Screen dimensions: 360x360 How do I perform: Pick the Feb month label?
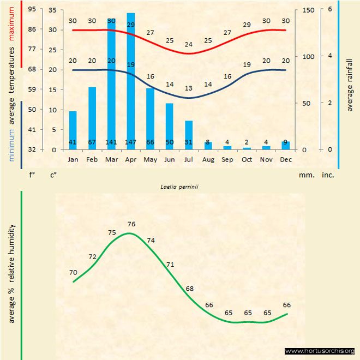[92, 160]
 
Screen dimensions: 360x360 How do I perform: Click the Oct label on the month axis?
[247, 160]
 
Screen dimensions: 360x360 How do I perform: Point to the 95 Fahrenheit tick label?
[32, 10]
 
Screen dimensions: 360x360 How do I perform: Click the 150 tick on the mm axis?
[308, 10]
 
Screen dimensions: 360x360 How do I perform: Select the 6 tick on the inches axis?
[329, 10]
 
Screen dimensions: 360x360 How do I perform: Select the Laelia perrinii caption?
[179, 187]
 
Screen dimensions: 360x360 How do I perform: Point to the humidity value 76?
[131, 224]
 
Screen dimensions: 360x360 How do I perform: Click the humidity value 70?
[73, 272]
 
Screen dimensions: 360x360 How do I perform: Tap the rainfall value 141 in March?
[111, 143]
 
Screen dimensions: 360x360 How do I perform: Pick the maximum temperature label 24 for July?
[189, 45]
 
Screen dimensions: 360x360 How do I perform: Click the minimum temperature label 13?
[189, 88]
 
